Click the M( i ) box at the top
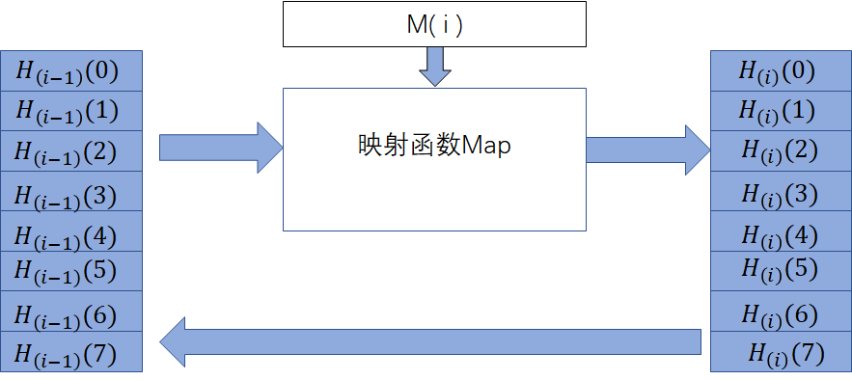coord(434,24)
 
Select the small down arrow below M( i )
coord(434,67)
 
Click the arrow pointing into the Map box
coord(220,147)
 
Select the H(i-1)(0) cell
coord(72,70)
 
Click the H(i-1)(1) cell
coord(72,111)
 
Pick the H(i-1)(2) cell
coord(72,151)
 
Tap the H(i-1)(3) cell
coord(72,194)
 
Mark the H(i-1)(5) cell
coord(72,271)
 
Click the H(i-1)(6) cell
coord(72,312)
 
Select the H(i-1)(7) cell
coord(72,352)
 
